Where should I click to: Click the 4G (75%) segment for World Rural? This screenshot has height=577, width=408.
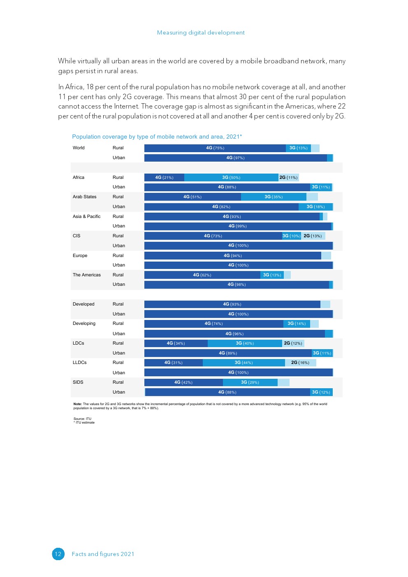pyautogui.click(x=215, y=148)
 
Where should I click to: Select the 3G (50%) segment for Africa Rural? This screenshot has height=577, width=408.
pyautogui.click(x=231, y=178)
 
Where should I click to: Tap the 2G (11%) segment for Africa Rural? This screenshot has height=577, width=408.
pyautogui.click(x=288, y=178)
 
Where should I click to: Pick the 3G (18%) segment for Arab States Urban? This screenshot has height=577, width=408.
pyautogui.click(x=315, y=207)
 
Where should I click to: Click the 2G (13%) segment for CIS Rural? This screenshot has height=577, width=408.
pyautogui.click(x=313, y=236)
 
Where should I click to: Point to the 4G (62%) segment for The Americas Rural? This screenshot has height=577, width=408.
pyautogui.click(x=202, y=275)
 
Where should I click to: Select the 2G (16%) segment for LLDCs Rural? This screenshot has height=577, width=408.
pyautogui.click(x=300, y=363)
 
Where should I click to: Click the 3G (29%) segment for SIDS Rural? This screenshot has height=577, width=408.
pyautogui.click(x=250, y=382)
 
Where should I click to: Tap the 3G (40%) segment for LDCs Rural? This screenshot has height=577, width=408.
pyautogui.click(x=245, y=343)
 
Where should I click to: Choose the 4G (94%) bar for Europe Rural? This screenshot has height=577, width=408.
pyautogui.click(x=232, y=256)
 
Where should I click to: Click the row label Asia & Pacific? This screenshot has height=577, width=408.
pyautogui.click(x=86, y=216)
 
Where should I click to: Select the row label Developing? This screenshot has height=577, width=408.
pyautogui.click(x=84, y=324)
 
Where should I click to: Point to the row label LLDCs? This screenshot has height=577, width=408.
pyautogui.click(x=79, y=363)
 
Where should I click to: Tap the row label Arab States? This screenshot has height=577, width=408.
pyautogui.click(x=84, y=197)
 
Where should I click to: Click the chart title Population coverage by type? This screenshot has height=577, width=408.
pyautogui.click(x=157, y=137)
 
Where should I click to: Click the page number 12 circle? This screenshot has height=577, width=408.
pyautogui.click(x=58, y=554)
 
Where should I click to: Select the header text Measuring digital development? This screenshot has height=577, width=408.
pyautogui.click(x=201, y=32)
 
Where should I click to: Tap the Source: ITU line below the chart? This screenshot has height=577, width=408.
pyautogui.click(x=82, y=419)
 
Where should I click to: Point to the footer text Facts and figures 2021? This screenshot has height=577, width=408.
pyautogui.click(x=103, y=554)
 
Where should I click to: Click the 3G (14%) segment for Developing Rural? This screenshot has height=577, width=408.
pyautogui.click(x=297, y=324)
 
